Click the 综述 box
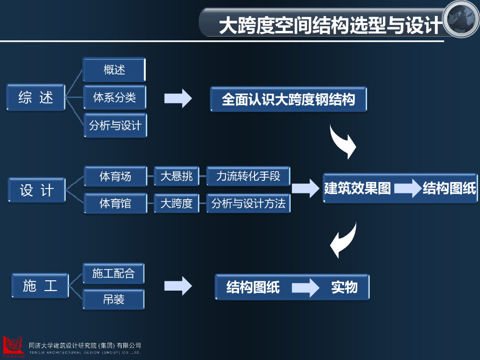[x=36, y=97]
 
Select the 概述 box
[x=114, y=70]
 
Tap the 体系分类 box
[x=114, y=97]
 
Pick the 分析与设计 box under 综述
[x=115, y=125]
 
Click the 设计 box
[x=37, y=190]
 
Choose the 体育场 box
[x=115, y=177]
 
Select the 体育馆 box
[x=115, y=203]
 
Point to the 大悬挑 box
[x=176, y=177]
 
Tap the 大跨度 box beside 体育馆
[x=176, y=203]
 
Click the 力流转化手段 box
[x=248, y=176]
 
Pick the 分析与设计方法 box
[x=248, y=203]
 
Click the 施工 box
[x=40, y=285]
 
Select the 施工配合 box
[x=113, y=273]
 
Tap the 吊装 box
[x=113, y=300]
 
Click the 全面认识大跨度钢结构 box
[x=288, y=99]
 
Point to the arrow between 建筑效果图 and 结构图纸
[x=407, y=188]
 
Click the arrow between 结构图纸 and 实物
[x=307, y=287]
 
